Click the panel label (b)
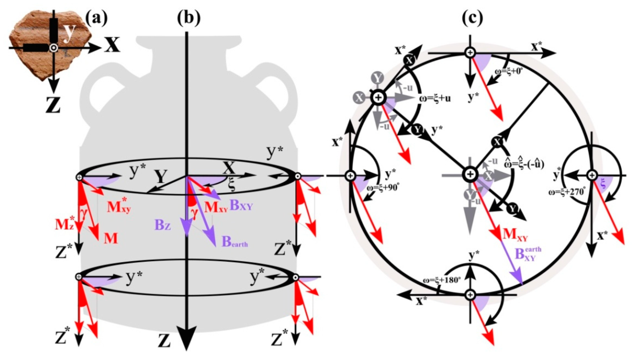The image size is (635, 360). pyautogui.click(x=188, y=18)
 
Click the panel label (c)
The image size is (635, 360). pyautogui.click(x=472, y=18)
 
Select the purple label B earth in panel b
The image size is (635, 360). pyautogui.click(x=235, y=242)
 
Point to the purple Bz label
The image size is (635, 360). pyautogui.click(x=162, y=225)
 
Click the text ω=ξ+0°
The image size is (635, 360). pyautogui.click(x=508, y=71)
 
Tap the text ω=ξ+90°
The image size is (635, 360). pyautogui.click(x=383, y=188)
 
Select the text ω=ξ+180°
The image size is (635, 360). pyautogui.click(x=442, y=280)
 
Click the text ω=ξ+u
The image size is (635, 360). pyautogui.click(x=435, y=98)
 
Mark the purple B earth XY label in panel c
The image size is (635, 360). pyautogui.click(x=528, y=253)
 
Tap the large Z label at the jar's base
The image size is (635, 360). pyautogui.click(x=164, y=340)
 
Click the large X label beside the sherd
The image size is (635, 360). pyautogui.click(x=112, y=45)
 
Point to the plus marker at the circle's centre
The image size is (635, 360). pyautogui.click(x=470, y=174)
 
